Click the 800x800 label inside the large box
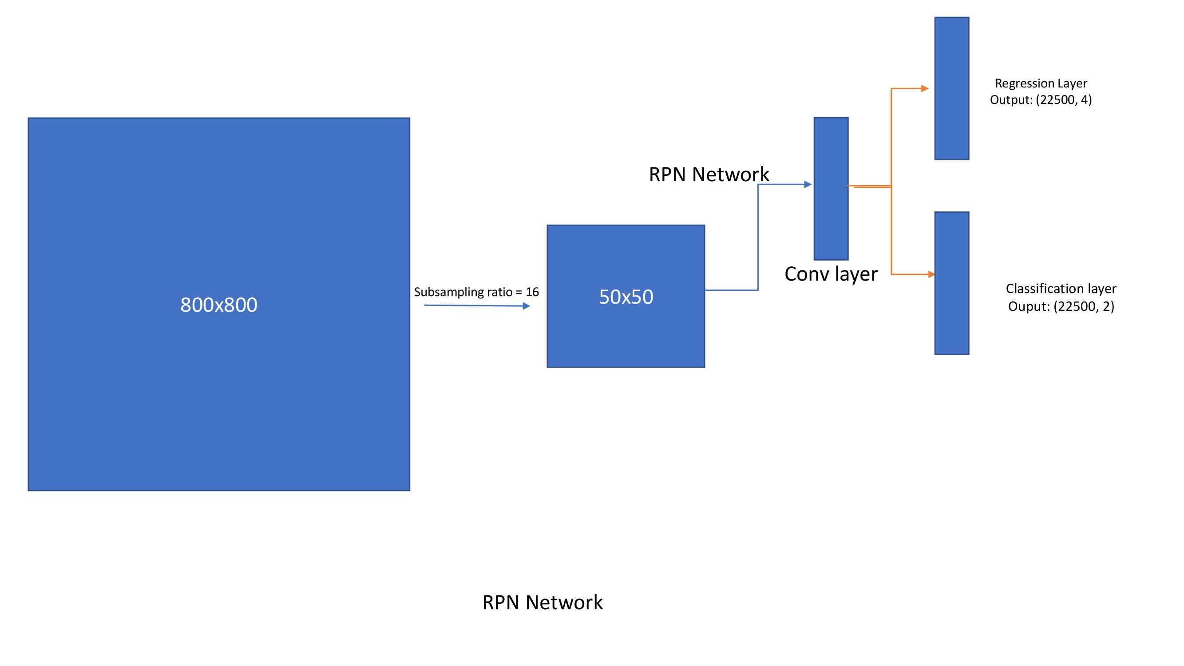tap(219, 305)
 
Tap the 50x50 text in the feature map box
tap(626, 297)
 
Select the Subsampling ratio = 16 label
tap(476, 292)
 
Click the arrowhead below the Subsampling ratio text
tap(526, 306)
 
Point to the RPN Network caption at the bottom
tap(543, 602)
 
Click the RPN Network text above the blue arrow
tap(708, 174)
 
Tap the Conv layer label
tap(831, 274)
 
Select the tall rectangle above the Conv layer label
tap(831, 188)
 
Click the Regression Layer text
tap(1041, 83)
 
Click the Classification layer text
tap(1061, 289)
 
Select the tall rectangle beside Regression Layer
tap(951, 88)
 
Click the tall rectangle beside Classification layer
tap(951, 283)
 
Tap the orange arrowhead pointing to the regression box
tap(924, 88)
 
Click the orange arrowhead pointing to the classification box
tap(931, 274)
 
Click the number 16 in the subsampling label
tap(532, 292)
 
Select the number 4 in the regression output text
tap(1083, 100)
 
